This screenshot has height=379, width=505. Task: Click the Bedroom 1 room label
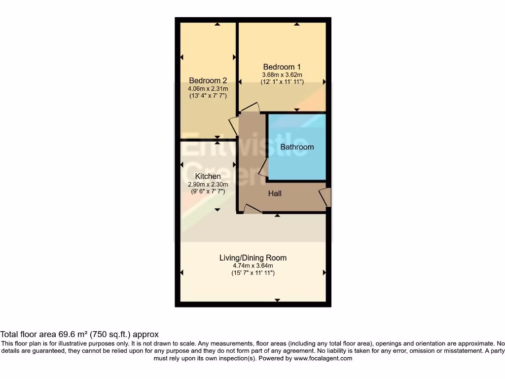coord(282,67)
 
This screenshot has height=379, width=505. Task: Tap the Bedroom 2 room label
coord(208,81)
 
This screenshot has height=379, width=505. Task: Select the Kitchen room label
coord(208,176)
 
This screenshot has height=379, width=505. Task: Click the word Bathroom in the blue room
coord(297,147)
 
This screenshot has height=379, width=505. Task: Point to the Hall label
coord(275,193)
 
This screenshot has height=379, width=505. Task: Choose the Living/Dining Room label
coord(252,258)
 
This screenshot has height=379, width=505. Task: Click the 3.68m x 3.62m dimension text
coord(282,75)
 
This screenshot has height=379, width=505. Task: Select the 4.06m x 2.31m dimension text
coord(208,89)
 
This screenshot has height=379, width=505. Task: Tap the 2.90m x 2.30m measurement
coord(208,184)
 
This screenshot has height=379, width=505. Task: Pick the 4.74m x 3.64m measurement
coord(252,265)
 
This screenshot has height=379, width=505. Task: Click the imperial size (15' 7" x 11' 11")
coord(252,273)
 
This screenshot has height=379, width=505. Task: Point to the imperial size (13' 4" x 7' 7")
coord(208,96)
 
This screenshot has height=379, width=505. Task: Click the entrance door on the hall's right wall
coord(325,197)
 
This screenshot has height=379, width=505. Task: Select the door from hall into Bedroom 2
coord(233,125)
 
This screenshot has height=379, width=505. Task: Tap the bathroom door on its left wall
coord(263,167)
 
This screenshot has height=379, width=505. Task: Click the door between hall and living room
coord(253,209)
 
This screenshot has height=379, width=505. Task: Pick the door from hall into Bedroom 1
coord(251,108)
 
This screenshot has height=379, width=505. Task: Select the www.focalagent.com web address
coord(323,358)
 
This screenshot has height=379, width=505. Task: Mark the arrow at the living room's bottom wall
coord(278,300)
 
